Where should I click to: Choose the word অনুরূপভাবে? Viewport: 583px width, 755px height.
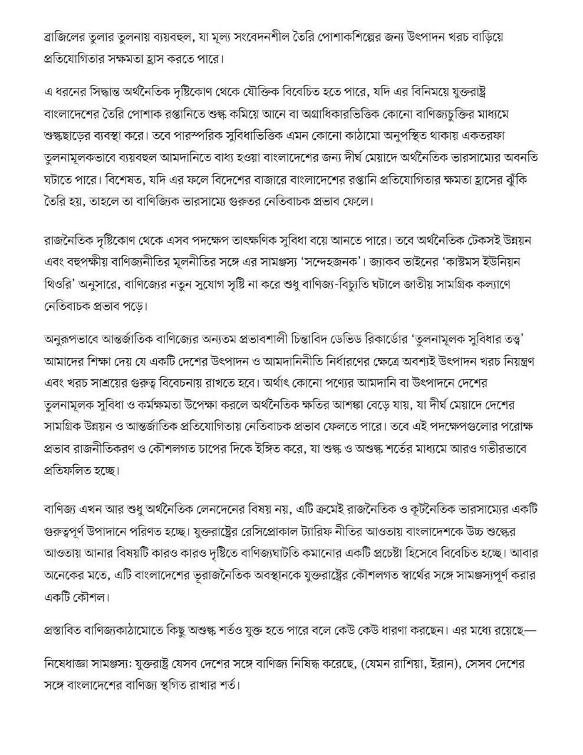coord(75,340)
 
